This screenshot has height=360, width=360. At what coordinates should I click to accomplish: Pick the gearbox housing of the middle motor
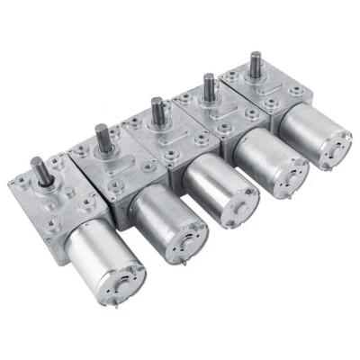[x=162, y=144]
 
